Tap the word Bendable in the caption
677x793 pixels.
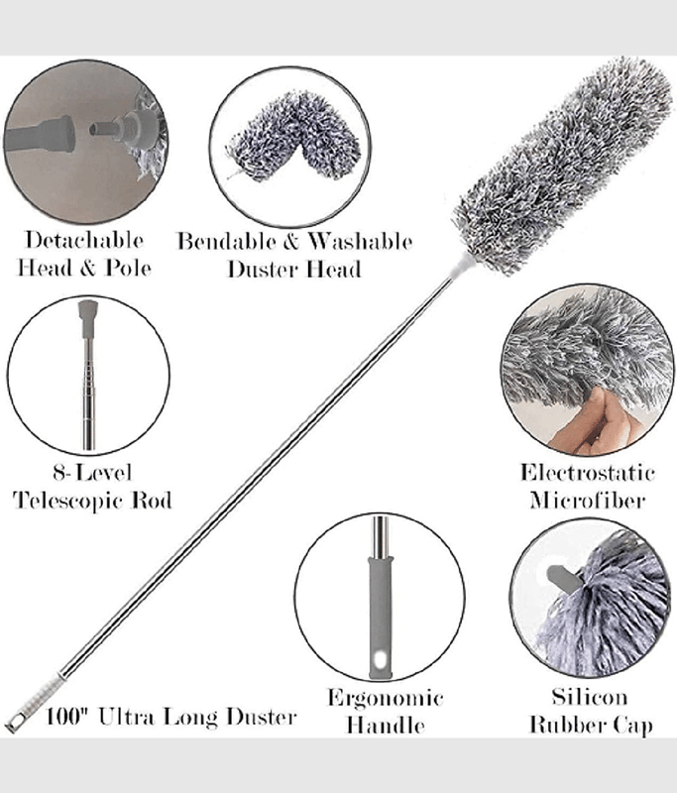(x=225, y=242)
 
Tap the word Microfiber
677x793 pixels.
(x=587, y=500)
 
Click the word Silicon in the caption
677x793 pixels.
(x=591, y=698)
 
